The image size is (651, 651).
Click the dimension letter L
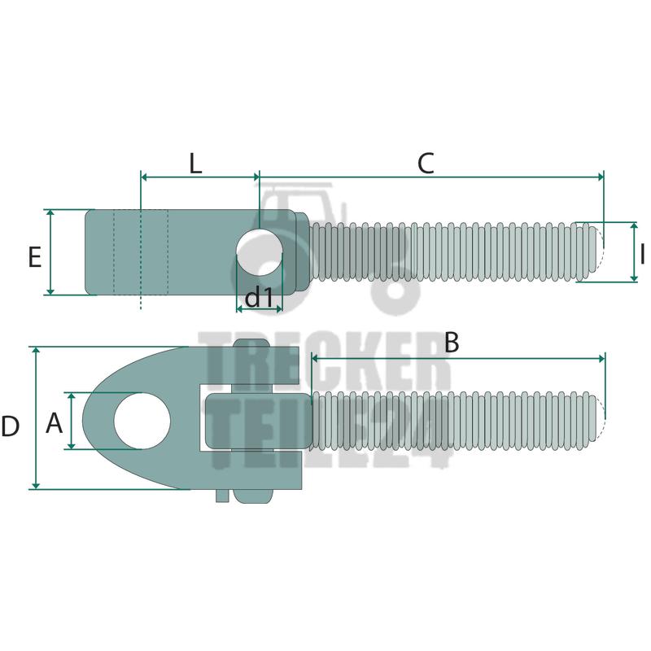click(x=195, y=164)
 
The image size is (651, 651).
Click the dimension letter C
click(x=426, y=164)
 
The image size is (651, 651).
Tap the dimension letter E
click(x=35, y=257)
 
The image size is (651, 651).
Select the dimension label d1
click(x=259, y=298)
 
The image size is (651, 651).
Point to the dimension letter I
click(x=642, y=254)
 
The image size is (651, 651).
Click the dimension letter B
click(x=452, y=343)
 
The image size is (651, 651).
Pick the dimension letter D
click(x=10, y=426)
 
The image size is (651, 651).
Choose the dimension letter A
click(x=54, y=423)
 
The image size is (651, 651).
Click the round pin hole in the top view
click(x=260, y=251)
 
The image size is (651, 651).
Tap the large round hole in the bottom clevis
click(x=142, y=421)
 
